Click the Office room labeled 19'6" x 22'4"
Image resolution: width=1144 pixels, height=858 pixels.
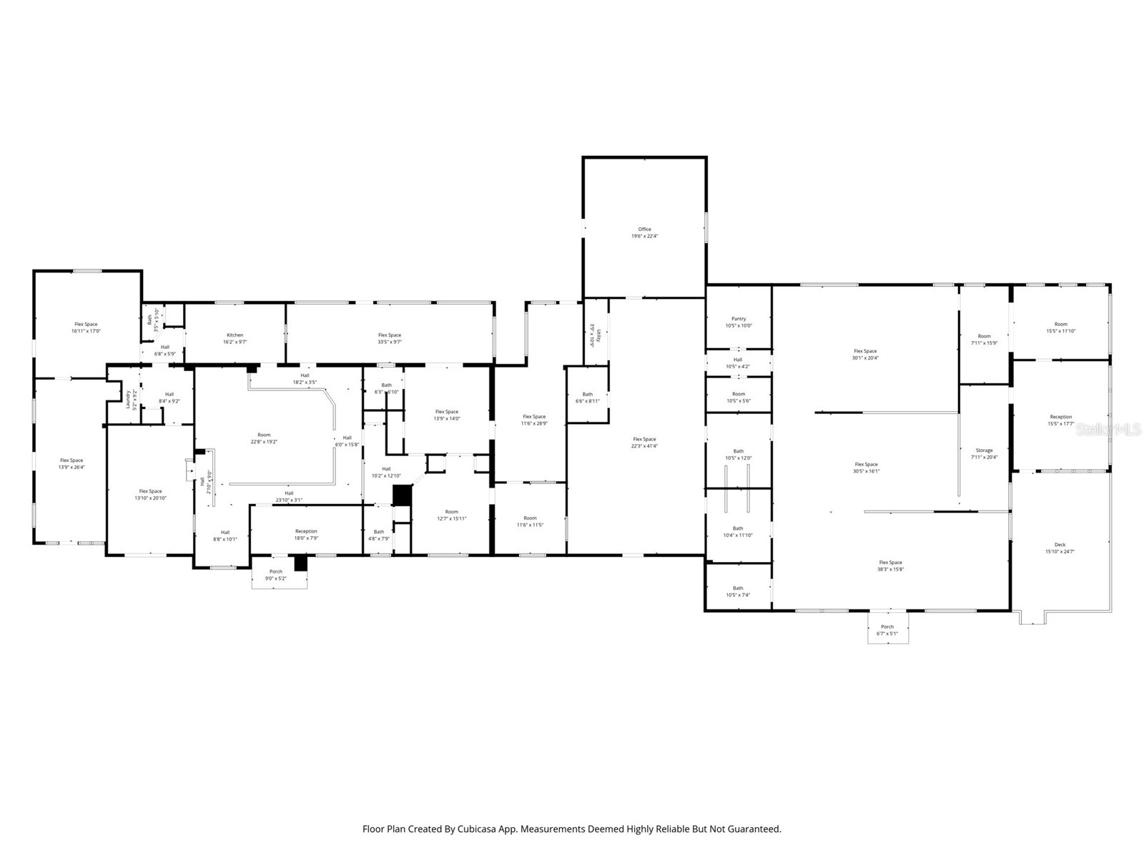click(x=644, y=232)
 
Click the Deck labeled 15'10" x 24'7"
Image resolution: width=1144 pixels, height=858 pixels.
click(x=1060, y=548)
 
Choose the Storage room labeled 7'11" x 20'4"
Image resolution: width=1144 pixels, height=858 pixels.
click(x=984, y=453)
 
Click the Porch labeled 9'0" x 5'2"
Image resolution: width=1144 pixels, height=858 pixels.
click(x=276, y=574)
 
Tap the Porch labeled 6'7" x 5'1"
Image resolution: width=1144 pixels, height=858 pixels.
click(x=887, y=630)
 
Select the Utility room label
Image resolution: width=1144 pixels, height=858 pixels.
click(x=592, y=335)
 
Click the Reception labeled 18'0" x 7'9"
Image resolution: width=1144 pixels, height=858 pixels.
click(x=306, y=534)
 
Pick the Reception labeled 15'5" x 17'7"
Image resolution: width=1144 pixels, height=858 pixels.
click(x=1060, y=420)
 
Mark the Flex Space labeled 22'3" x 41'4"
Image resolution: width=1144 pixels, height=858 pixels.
click(x=644, y=443)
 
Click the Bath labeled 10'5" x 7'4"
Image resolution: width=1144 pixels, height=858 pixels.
click(x=738, y=591)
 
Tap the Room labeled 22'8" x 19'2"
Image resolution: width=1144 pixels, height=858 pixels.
click(x=264, y=438)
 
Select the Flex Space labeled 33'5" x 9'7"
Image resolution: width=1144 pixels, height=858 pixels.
click(x=390, y=338)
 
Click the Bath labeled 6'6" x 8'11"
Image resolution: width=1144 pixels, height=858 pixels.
click(x=587, y=398)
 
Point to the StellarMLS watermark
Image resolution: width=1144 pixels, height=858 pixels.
click(x=1108, y=430)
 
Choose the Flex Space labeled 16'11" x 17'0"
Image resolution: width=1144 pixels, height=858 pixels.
click(x=86, y=327)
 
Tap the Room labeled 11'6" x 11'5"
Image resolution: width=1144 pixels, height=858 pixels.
click(x=530, y=521)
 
